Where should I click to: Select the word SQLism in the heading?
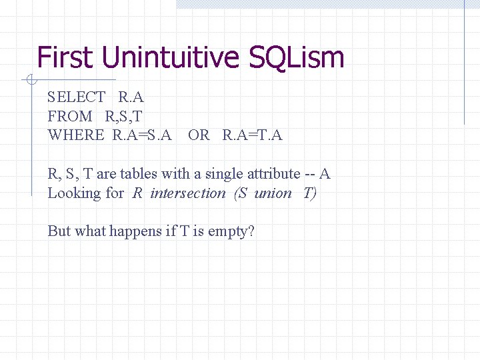pos(297,57)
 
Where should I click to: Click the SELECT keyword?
pos(77,97)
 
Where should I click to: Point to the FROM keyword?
pos(70,116)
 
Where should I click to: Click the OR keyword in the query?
pos(199,135)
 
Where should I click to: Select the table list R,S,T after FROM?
pos(124,116)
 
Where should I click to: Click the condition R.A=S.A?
pos(142,135)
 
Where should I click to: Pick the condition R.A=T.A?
pos(253,135)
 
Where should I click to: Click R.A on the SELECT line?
pos(131,97)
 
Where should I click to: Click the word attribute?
pos(272,174)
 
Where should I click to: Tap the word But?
pos(59,231)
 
